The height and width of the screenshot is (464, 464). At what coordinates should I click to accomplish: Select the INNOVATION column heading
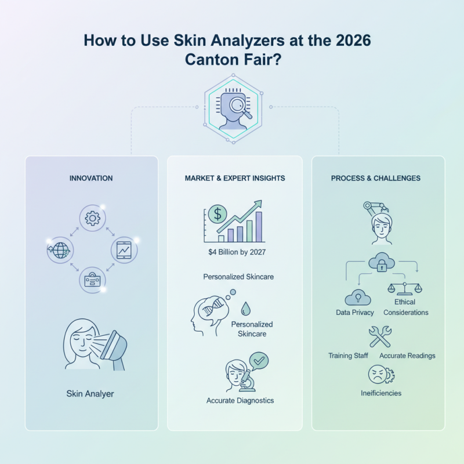(x=92, y=179)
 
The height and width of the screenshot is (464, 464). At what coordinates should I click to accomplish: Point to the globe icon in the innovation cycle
(x=59, y=250)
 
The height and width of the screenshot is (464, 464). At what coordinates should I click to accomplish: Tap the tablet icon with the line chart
(x=124, y=250)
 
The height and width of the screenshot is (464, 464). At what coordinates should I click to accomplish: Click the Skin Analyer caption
(x=90, y=394)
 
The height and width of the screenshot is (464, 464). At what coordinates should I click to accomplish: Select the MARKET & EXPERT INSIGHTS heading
(x=234, y=179)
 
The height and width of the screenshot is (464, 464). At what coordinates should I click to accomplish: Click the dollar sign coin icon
(x=217, y=214)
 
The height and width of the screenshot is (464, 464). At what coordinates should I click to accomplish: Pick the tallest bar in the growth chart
(x=259, y=226)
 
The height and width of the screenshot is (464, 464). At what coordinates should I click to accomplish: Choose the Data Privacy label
(x=355, y=313)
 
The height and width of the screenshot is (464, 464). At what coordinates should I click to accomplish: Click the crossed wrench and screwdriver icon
(x=380, y=337)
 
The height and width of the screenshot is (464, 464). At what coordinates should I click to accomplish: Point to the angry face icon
(x=378, y=373)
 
